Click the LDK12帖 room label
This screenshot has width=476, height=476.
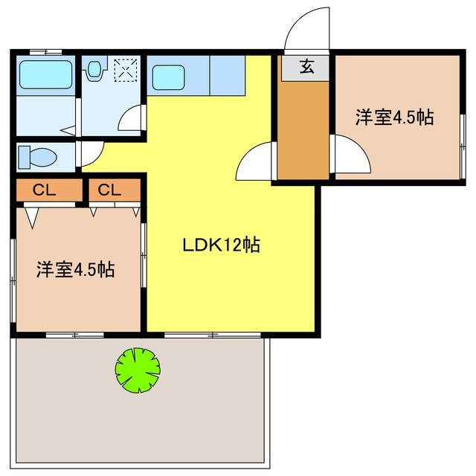[222, 245]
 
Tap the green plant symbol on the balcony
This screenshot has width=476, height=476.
[138, 370]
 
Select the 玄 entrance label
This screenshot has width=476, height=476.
[306, 68]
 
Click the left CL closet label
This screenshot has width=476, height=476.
[45, 190]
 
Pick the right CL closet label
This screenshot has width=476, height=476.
[109, 190]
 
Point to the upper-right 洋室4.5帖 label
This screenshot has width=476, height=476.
[394, 118]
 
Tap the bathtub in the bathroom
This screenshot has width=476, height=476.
[45, 74]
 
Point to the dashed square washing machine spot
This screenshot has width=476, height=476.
[124, 70]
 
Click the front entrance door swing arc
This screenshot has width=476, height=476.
[306, 30]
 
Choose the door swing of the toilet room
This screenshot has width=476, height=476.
[89, 154]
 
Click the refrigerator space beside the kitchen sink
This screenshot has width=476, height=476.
[227, 74]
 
